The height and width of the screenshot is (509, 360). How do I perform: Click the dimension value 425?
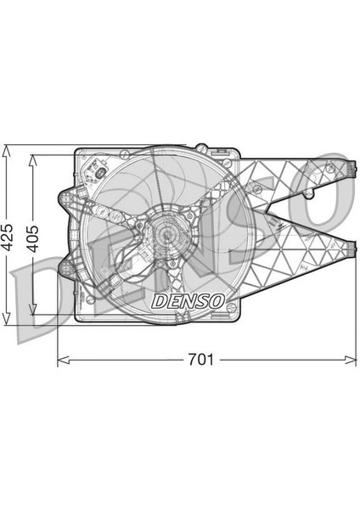[8, 237]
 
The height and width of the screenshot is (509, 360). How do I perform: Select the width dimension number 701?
[201, 360]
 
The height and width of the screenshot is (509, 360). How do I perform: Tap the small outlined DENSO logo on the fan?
[188, 301]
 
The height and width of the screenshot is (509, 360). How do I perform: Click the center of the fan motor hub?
[167, 232]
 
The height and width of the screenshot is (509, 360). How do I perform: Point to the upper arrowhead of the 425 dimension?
[6, 151]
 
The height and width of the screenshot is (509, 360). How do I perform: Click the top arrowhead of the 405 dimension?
[32, 160]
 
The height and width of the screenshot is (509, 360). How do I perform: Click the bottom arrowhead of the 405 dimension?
[32, 309]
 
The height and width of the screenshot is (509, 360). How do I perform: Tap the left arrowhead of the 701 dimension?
[64, 360]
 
